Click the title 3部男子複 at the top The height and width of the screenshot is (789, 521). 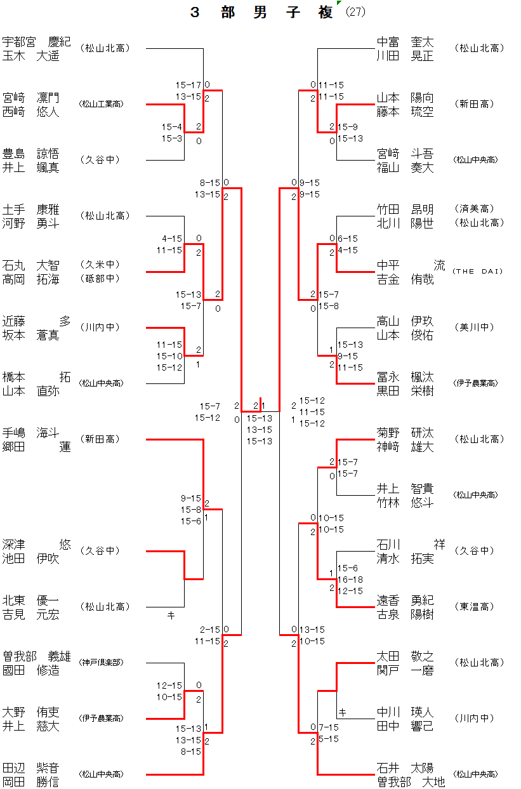click(x=261, y=13)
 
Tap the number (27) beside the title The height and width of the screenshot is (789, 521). click(x=356, y=13)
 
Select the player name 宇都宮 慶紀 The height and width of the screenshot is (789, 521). click(x=37, y=42)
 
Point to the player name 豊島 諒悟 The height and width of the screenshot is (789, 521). click(x=31, y=154)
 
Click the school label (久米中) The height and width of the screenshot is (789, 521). click(x=100, y=264)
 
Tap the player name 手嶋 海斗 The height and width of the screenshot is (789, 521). click(x=31, y=433)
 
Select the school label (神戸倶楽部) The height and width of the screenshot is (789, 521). click(x=101, y=663)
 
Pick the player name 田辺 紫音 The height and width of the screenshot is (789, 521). click(x=31, y=768)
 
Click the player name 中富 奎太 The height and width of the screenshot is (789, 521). click(x=406, y=42)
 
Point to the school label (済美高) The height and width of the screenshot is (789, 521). click(x=475, y=208)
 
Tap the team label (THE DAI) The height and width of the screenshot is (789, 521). click(x=477, y=272)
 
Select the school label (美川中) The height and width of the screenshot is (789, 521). click(x=475, y=328)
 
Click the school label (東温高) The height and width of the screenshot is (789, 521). click(x=475, y=607)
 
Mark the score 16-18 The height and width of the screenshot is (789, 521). click(x=350, y=580)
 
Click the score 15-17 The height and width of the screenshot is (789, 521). click(x=188, y=84)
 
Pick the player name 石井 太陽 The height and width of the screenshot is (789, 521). click(x=406, y=768)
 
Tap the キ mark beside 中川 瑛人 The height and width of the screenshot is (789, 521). click(x=343, y=712)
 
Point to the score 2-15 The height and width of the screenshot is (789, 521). click(x=209, y=630)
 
